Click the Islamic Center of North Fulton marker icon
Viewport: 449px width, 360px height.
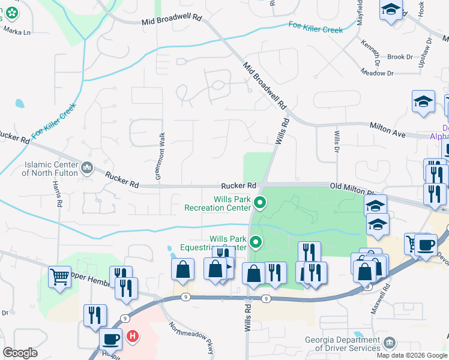point(87,166)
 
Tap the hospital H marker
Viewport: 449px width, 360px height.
point(132,337)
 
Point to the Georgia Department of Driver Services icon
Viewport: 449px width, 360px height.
point(391,343)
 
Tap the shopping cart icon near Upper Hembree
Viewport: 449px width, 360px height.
point(59,277)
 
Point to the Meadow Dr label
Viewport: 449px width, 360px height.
point(378,73)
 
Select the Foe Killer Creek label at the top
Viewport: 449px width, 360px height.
point(316,27)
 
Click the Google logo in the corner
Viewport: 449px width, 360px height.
point(20,353)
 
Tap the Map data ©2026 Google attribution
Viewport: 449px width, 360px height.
point(412,355)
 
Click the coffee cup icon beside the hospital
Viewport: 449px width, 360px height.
point(110,338)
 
